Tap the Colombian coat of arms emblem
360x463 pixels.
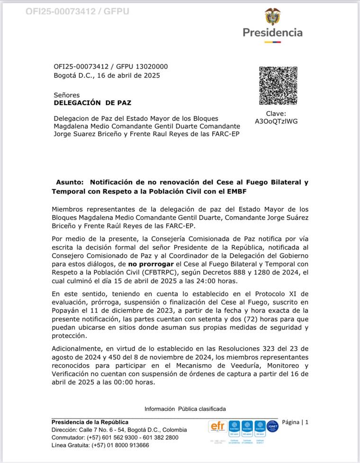(272, 17)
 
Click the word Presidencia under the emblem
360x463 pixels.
(272, 33)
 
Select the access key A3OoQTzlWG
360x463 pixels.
(276, 121)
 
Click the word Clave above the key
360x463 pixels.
(276, 114)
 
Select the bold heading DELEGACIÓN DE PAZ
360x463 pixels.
(92, 102)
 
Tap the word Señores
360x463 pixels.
(67, 95)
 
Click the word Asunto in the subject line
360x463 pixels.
(70, 182)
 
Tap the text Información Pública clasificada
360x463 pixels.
(185, 409)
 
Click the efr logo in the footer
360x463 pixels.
(217, 426)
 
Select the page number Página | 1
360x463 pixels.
(295, 422)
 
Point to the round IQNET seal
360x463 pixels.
(272, 426)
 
